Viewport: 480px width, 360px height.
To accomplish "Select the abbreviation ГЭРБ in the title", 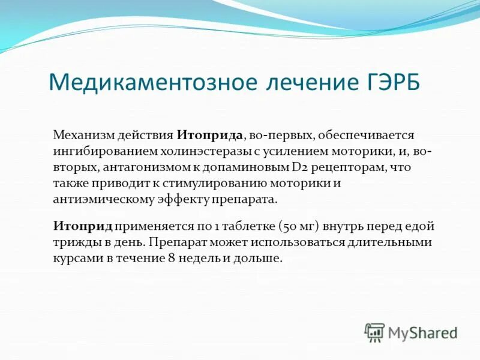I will point(390,82).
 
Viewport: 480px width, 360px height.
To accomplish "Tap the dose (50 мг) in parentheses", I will point(298,226).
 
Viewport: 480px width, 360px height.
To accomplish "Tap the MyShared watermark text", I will point(422,332).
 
